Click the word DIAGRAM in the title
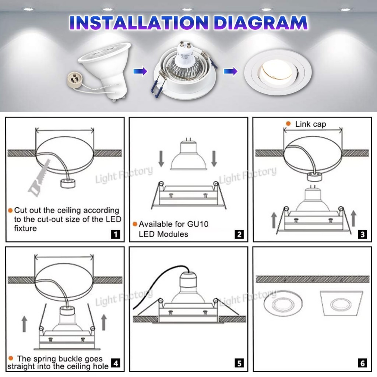260,23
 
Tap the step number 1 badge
115,234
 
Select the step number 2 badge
239,234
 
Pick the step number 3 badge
363,234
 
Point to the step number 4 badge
116,363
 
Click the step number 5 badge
239,363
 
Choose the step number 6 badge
363,363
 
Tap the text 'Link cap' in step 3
311,124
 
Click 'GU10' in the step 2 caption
198,224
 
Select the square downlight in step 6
341,303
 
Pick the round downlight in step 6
283,303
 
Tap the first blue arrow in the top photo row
140,71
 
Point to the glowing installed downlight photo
278,72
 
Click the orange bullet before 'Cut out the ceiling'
10,210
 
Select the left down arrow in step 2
161,159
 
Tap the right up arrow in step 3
353,219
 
